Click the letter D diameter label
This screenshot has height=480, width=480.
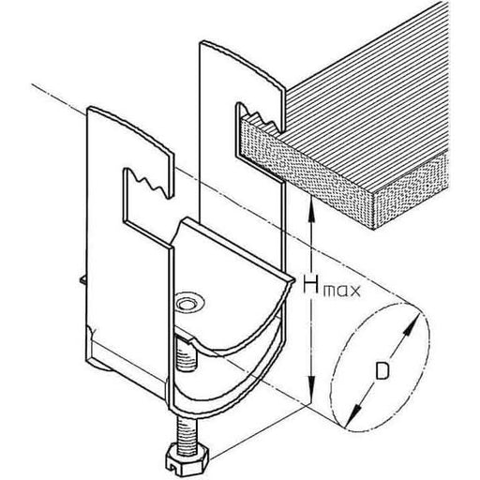382,370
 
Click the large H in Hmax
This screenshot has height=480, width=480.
311,285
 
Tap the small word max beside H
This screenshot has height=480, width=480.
341,291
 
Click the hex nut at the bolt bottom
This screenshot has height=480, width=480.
187,461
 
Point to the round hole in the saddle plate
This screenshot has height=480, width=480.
189,303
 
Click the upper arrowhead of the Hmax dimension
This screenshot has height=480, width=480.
311,203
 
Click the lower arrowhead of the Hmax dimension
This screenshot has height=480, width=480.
311,391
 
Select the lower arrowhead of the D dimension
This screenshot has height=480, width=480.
353,416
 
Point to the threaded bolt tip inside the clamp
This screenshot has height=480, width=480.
187,353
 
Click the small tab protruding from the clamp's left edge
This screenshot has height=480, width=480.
82,279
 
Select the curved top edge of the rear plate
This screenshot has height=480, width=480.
242,59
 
